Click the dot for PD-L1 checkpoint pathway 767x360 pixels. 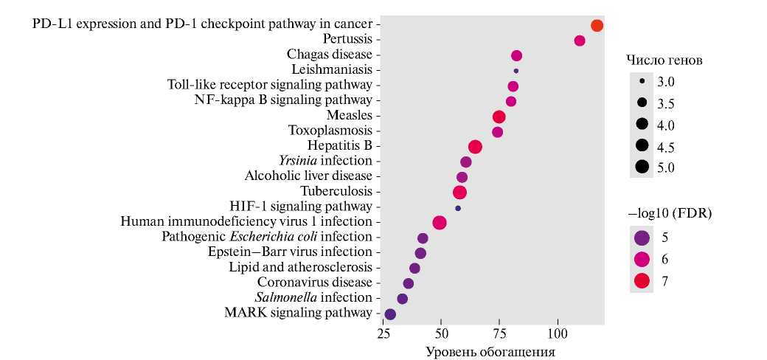pyautogui.click(x=597, y=26)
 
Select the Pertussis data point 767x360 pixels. pyautogui.click(x=580, y=41)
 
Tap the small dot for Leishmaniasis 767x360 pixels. pyautogui.click(x=516, y=71)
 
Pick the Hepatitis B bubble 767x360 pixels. pyautogui.click(x=475, y=147)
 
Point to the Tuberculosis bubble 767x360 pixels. pyautogui.click(x=459, y=193)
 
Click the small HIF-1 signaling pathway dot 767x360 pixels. pyautogui.click(x=458, y=208)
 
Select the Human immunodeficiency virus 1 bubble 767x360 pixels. pyautogui.click(x=440, y=223)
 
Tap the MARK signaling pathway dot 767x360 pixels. pyautogui.click(x=390, y=314)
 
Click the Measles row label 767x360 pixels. pyautogui.click(x=349, y=115)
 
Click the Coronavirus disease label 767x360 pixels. pyautogui.click(x=314, y=282)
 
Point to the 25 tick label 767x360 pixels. pyautogui.click(x=383, y=334)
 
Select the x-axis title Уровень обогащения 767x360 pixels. pyautogui.click(x=490, y=351)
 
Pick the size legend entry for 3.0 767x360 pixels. pyautogui.click(x=642, y=80)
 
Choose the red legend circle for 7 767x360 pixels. pyautogui.click(x=642, y=280)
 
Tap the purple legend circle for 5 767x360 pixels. pyautogui.click(x=642, y=238)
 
